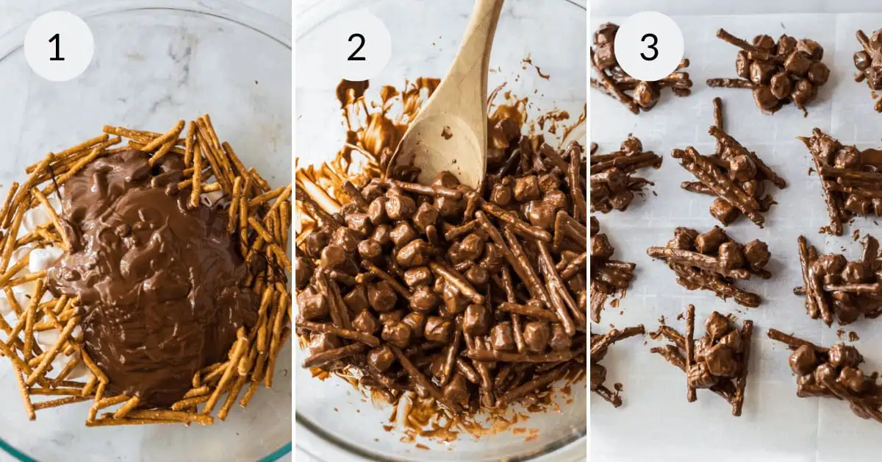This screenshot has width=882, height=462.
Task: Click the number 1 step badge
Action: point(58,46)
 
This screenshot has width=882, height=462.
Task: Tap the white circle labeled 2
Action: point(356,46)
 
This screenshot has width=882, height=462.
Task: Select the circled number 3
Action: point(648,46)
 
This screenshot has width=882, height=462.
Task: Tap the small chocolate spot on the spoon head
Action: point(446,132)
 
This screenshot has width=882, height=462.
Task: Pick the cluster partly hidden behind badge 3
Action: point(625,81)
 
